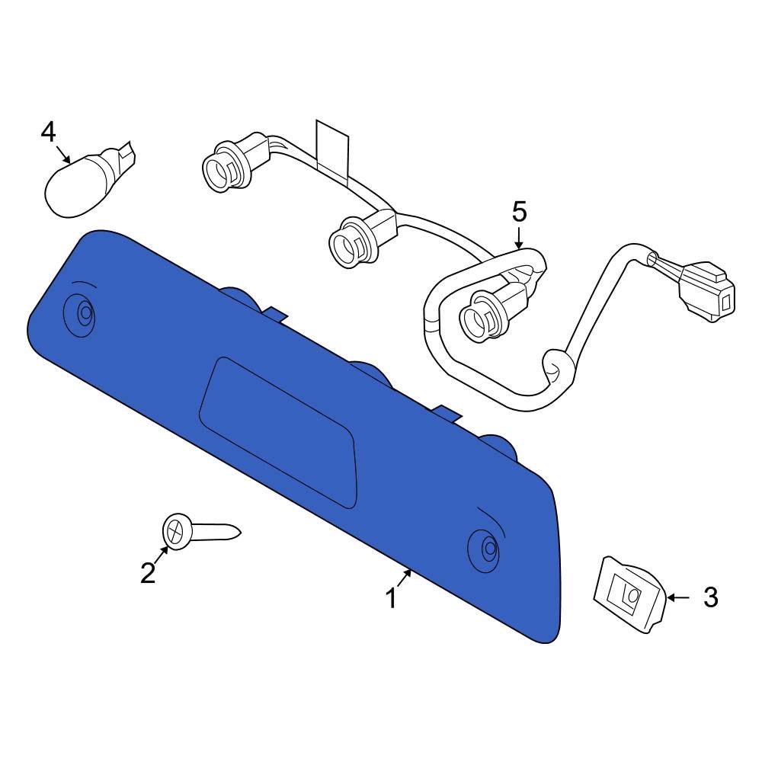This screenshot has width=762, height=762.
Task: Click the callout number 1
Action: pyautogui.click(x=391, y=599)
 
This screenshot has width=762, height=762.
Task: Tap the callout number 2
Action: pyautogui.click(x=148, y=571)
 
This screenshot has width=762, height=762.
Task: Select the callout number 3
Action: pyautogui.click(x=709, y=597)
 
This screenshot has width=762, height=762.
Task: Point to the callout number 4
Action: pyautogui.click(x=48, y=133)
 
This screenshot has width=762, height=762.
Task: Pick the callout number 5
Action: pyautogui.click(x=519, y=212)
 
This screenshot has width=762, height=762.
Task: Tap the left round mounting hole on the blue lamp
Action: pyautogui.click(x=85, y=312)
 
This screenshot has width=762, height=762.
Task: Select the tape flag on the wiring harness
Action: pyautogui.click(x=332, y=146)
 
